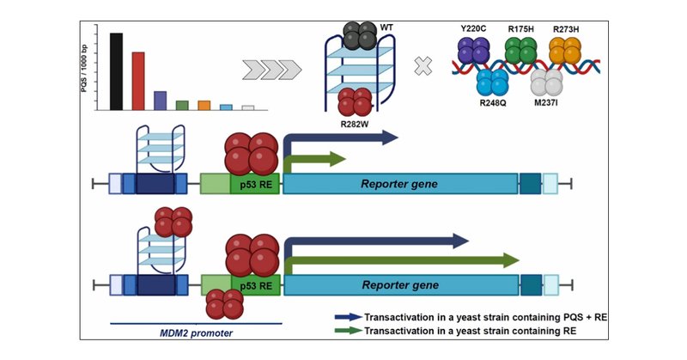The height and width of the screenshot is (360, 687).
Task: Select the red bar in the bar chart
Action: [x=137, y=81]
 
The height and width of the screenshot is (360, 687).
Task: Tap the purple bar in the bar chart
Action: [x=160, y=100]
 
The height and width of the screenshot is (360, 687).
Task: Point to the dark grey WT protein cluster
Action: [x=356, y=35]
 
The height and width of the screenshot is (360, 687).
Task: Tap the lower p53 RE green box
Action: [x=255, y=284]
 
